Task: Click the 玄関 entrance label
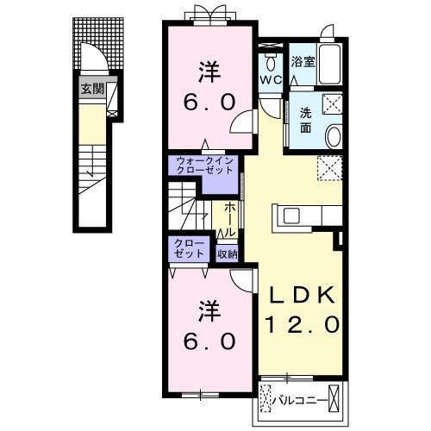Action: click(92, 89)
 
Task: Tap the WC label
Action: click(271, 80)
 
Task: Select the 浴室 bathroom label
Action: click(303, 62)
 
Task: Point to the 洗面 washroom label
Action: click(306, 121)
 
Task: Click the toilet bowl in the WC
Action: click(270, 63)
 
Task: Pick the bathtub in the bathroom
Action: click(330, 65)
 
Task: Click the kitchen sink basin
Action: click(291, 216)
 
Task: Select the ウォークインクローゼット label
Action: click(204, 166)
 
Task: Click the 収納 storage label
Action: click(227, 253)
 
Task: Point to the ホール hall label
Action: click(230, 219)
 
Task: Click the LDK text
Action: click(302, 296)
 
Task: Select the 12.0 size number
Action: click(303, 325)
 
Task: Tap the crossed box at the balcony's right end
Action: click(334, 399)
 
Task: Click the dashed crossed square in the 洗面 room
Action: click(333, 105)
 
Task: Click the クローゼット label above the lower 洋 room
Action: click(189, 249)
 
